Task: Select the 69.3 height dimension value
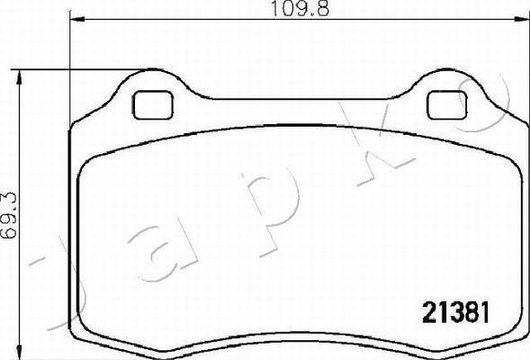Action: coord(9,215)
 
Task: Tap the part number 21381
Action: coord(455,312)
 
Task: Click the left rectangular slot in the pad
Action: coord(153,104)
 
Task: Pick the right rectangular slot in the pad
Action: coord(447,104)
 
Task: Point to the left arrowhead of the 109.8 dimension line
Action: coord(77,19)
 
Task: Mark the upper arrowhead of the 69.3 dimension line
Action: coord(19,78)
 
